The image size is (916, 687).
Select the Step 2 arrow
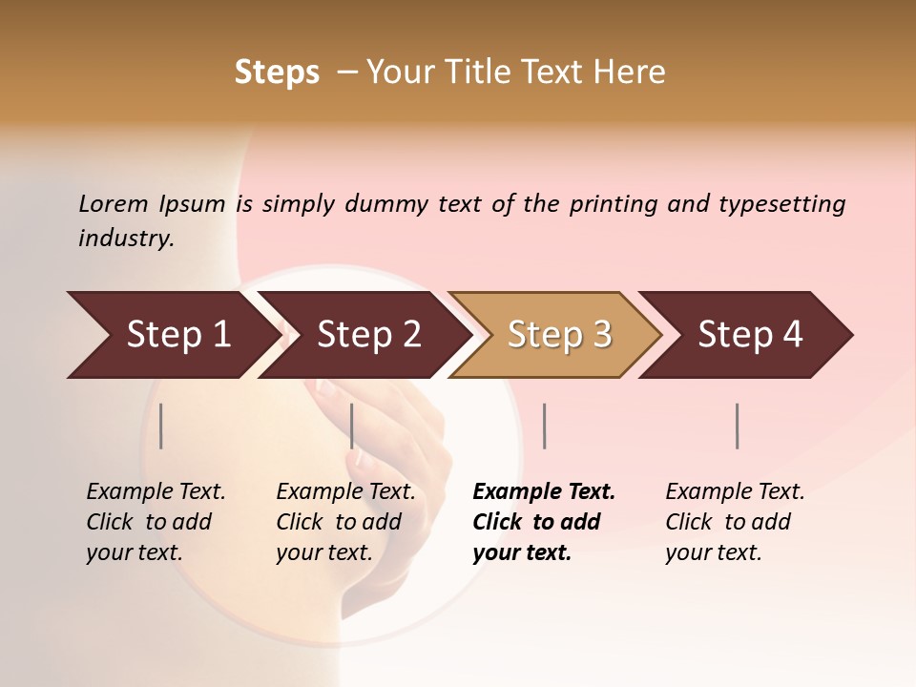click(x=368, y=334)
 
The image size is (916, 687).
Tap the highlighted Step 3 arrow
click(x=559, y=334)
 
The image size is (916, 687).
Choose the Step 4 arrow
click(x=750, y=334)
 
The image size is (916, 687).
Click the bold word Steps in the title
click(x=277, y=73)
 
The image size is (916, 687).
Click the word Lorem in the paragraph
click(x=114, y=203)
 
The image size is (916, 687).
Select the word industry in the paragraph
click(x=125, y=239)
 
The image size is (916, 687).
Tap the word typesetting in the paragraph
click(x=781, y=203)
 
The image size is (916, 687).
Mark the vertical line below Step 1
click(x=161, y=426)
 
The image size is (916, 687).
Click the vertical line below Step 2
click(x=352, y=426)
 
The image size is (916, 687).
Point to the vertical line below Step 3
click(x=544, y=426)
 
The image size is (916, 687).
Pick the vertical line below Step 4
click(x=738, y=426)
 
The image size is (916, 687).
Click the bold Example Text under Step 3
click(x=544, y=491)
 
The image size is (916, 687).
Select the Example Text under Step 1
click(x=156, y=491)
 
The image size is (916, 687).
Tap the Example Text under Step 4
click(x=735, y=491)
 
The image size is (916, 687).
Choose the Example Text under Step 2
click(x=345, y=491)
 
